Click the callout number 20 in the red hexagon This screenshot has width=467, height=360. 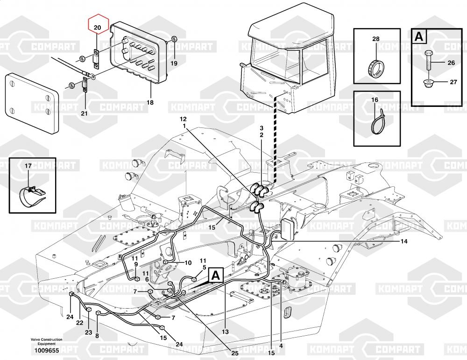click(98, 28)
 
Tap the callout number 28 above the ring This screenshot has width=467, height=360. click(376, 39)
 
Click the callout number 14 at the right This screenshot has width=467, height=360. click(403, 241)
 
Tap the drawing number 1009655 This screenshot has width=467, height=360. click(47, 351)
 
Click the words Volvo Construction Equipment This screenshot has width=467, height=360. click(46, 341)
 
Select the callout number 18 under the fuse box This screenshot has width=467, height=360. click(150, 102)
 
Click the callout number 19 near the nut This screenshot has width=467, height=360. click(174, 63)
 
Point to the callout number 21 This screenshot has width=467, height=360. click(85, 113)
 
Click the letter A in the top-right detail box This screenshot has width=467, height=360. click(419, 36)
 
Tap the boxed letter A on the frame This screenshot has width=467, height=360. click(216, 275)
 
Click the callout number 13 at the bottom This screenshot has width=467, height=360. click(225, 332)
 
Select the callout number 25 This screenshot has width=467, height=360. click(235, 353)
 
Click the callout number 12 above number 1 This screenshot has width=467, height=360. click(183, 120)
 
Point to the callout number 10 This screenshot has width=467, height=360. click(188, 262)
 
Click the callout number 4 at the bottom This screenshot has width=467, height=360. click(281, 346)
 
